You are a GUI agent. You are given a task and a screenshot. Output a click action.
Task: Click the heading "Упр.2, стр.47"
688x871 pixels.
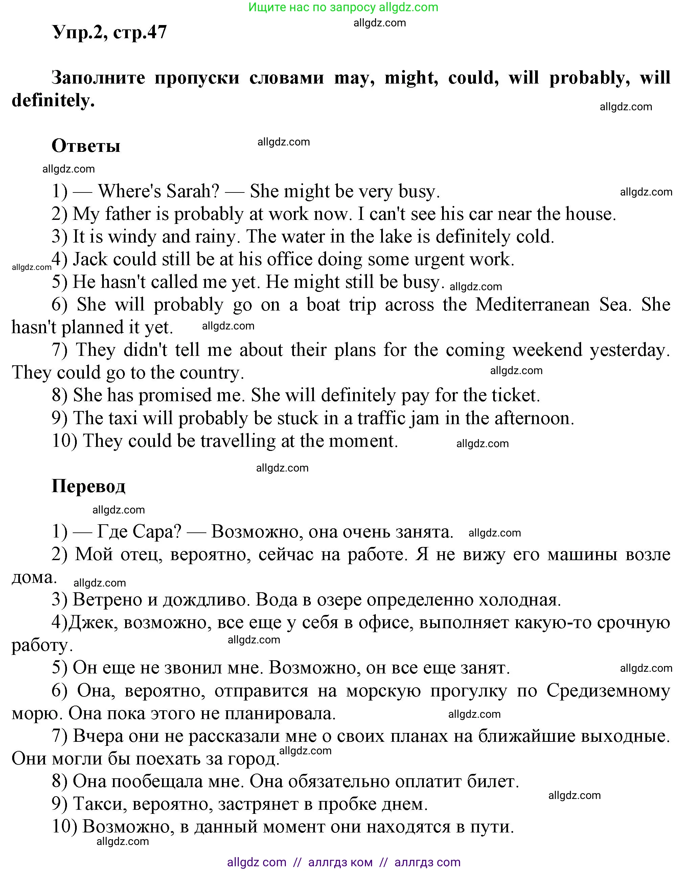click(x=109, y=32)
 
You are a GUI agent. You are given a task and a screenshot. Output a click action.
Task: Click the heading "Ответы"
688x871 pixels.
click(x=86, y=146)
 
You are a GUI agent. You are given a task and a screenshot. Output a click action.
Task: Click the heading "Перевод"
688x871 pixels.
click(x=89, y=486)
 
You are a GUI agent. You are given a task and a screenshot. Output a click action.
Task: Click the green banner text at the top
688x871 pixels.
click(x=343, y=7)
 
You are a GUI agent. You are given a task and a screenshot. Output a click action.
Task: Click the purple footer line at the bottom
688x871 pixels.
click(x=344, y=862)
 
